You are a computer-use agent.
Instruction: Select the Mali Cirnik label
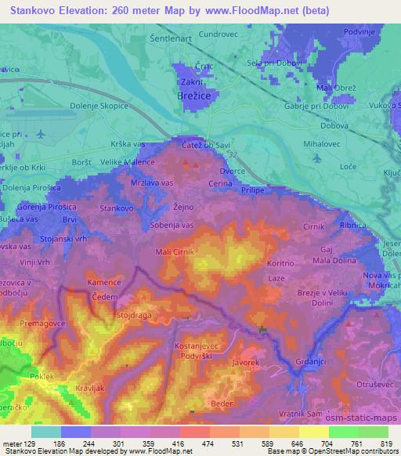point(175,252)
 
